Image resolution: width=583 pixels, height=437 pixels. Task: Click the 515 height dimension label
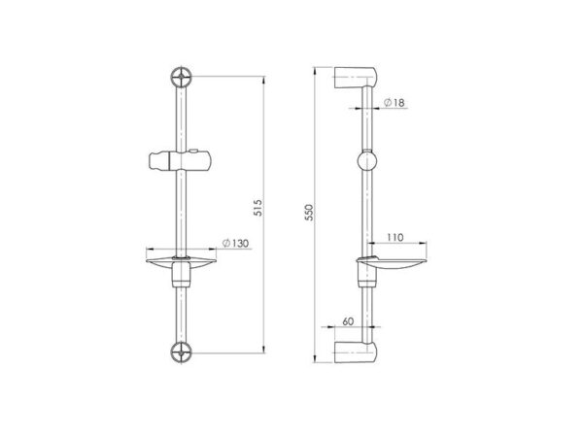[258, 208]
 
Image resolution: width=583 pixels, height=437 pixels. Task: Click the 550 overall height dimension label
[309, 212]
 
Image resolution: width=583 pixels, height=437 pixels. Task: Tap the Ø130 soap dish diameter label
[235, 244]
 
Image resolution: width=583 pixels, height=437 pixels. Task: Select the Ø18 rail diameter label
[394, 103]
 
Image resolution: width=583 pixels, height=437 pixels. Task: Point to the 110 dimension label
[394, 238]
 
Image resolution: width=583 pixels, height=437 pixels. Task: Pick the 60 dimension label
[348, 321]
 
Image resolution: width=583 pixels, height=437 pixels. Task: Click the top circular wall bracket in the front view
[182, 77]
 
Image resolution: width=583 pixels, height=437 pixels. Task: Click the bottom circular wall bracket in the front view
[182, 352]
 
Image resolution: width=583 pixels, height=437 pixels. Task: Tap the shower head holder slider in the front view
[180, 161]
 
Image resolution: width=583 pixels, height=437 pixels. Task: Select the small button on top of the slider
[193, 151]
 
